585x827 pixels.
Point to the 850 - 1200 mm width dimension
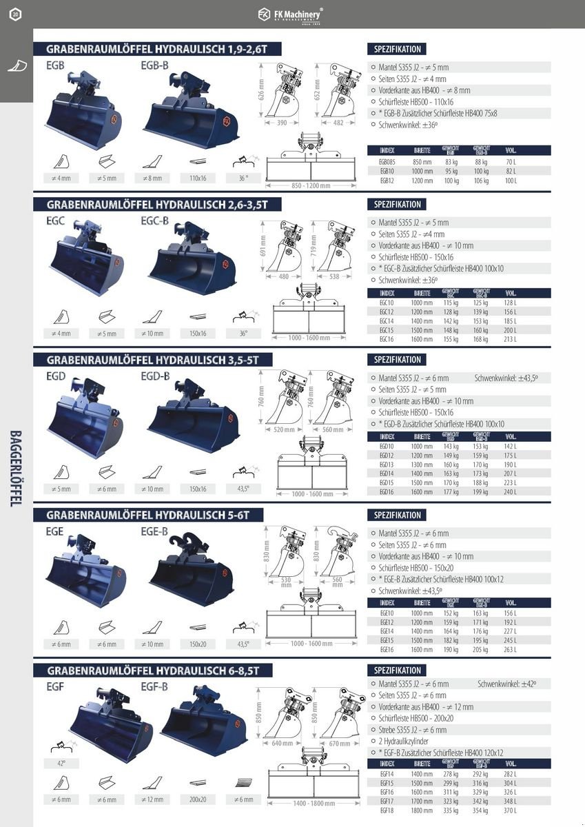pos(311,185)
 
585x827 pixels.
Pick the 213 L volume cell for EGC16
pos(510,339)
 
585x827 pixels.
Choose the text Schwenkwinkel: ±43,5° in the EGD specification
pos(506,378)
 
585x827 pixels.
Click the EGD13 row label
pos(387,464)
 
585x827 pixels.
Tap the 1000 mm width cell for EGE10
pos(422,613)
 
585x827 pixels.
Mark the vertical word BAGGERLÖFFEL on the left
pos(15,469)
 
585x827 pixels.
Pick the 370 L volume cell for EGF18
pos(510,811)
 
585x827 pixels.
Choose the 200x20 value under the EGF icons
pos(197,799)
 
